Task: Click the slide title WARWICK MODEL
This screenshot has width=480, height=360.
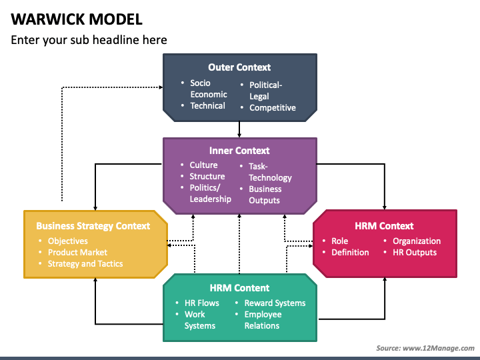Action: click(77, 18)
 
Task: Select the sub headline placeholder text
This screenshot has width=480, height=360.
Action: click(89, 40)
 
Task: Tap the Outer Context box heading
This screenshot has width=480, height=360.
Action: click(239, 67)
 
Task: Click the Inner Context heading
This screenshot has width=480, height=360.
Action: click(239, 151)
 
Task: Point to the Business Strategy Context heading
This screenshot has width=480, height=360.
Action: click(93, 226)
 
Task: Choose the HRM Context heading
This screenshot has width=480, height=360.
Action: click(384, 226)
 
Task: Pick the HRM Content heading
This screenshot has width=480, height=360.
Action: click(239, 288)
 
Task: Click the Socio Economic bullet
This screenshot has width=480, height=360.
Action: click(208, 89)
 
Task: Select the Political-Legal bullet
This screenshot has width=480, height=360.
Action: click(266, 91)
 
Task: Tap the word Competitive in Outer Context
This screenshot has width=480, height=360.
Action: click(272, 107)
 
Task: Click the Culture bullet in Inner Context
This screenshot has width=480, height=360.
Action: click(203, 165)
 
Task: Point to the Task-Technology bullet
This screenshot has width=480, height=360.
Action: click(270, 172)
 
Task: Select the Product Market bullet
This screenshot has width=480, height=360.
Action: click(77, 253)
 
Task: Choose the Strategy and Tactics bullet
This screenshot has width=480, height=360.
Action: click(85, 264)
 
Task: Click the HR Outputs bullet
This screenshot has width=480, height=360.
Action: click(415, 253)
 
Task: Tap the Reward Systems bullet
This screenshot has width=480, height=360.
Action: click(275, 303)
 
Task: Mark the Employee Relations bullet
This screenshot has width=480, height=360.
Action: click(263, 320)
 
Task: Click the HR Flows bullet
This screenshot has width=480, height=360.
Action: click(201, 303)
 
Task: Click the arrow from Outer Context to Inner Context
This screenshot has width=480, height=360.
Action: click(239, 129)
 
